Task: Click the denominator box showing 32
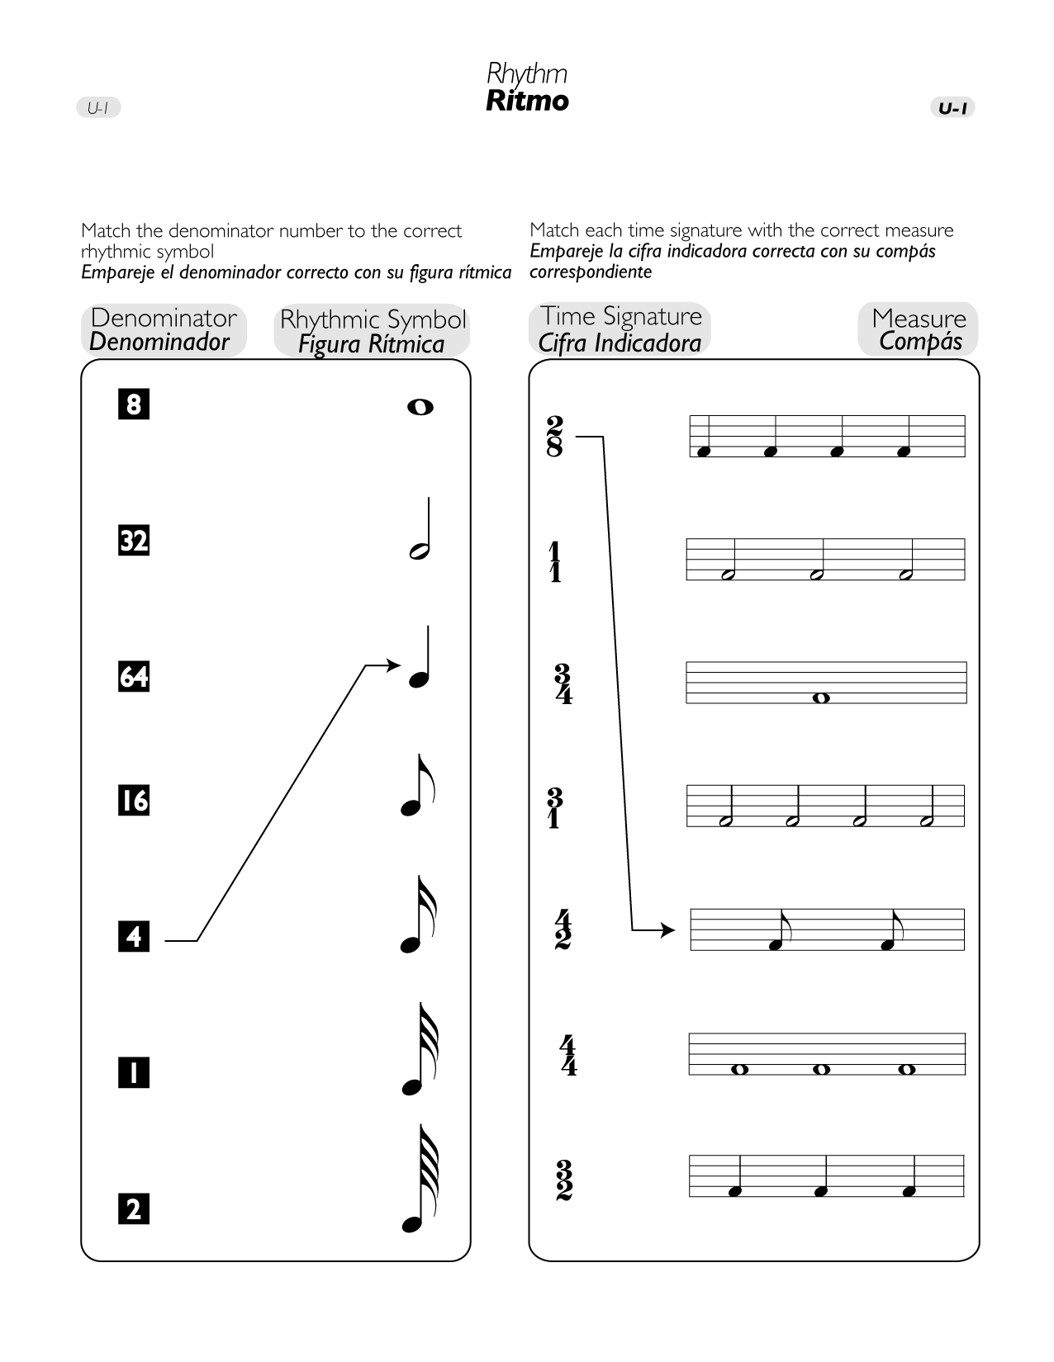[x=134, y=541]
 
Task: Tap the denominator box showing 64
[x=134, y=676]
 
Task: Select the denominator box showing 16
[x=134, y=801]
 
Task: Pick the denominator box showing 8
[x=134, y=404]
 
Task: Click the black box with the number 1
[x=134, y=1073]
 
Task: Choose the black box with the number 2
[x=134, y=1209]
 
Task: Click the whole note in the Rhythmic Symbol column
[x=420, y=407]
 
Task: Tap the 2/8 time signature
[x=555, y=437]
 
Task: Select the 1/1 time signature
[x=555, y=562]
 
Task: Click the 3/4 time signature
[x=563, y=684]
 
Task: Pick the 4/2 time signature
[x=563, y=929]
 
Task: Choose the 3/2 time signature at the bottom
[x=564, y=1180]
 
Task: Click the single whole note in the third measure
[x=820, y=698]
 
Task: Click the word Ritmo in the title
[x=527, y=101]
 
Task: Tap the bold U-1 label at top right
[x=953, y=108]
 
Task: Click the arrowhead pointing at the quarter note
[x=394, y=665]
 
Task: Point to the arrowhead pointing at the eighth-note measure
[x=668, y=930]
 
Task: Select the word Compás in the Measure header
[x=920, y=341]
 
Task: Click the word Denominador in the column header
[x=159, y=342]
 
